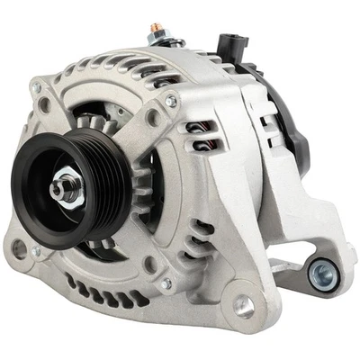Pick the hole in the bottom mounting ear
pos(242,307)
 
